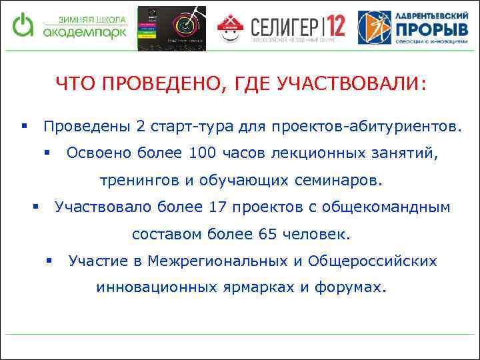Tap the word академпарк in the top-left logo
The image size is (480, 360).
click(x=84, y=33)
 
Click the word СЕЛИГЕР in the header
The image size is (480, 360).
click(x=285, y=27)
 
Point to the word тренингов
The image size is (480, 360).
click(x=139, y=180)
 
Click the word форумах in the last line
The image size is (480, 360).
click(x=357, y=288)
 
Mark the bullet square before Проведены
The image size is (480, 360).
click(x=24, y=125)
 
